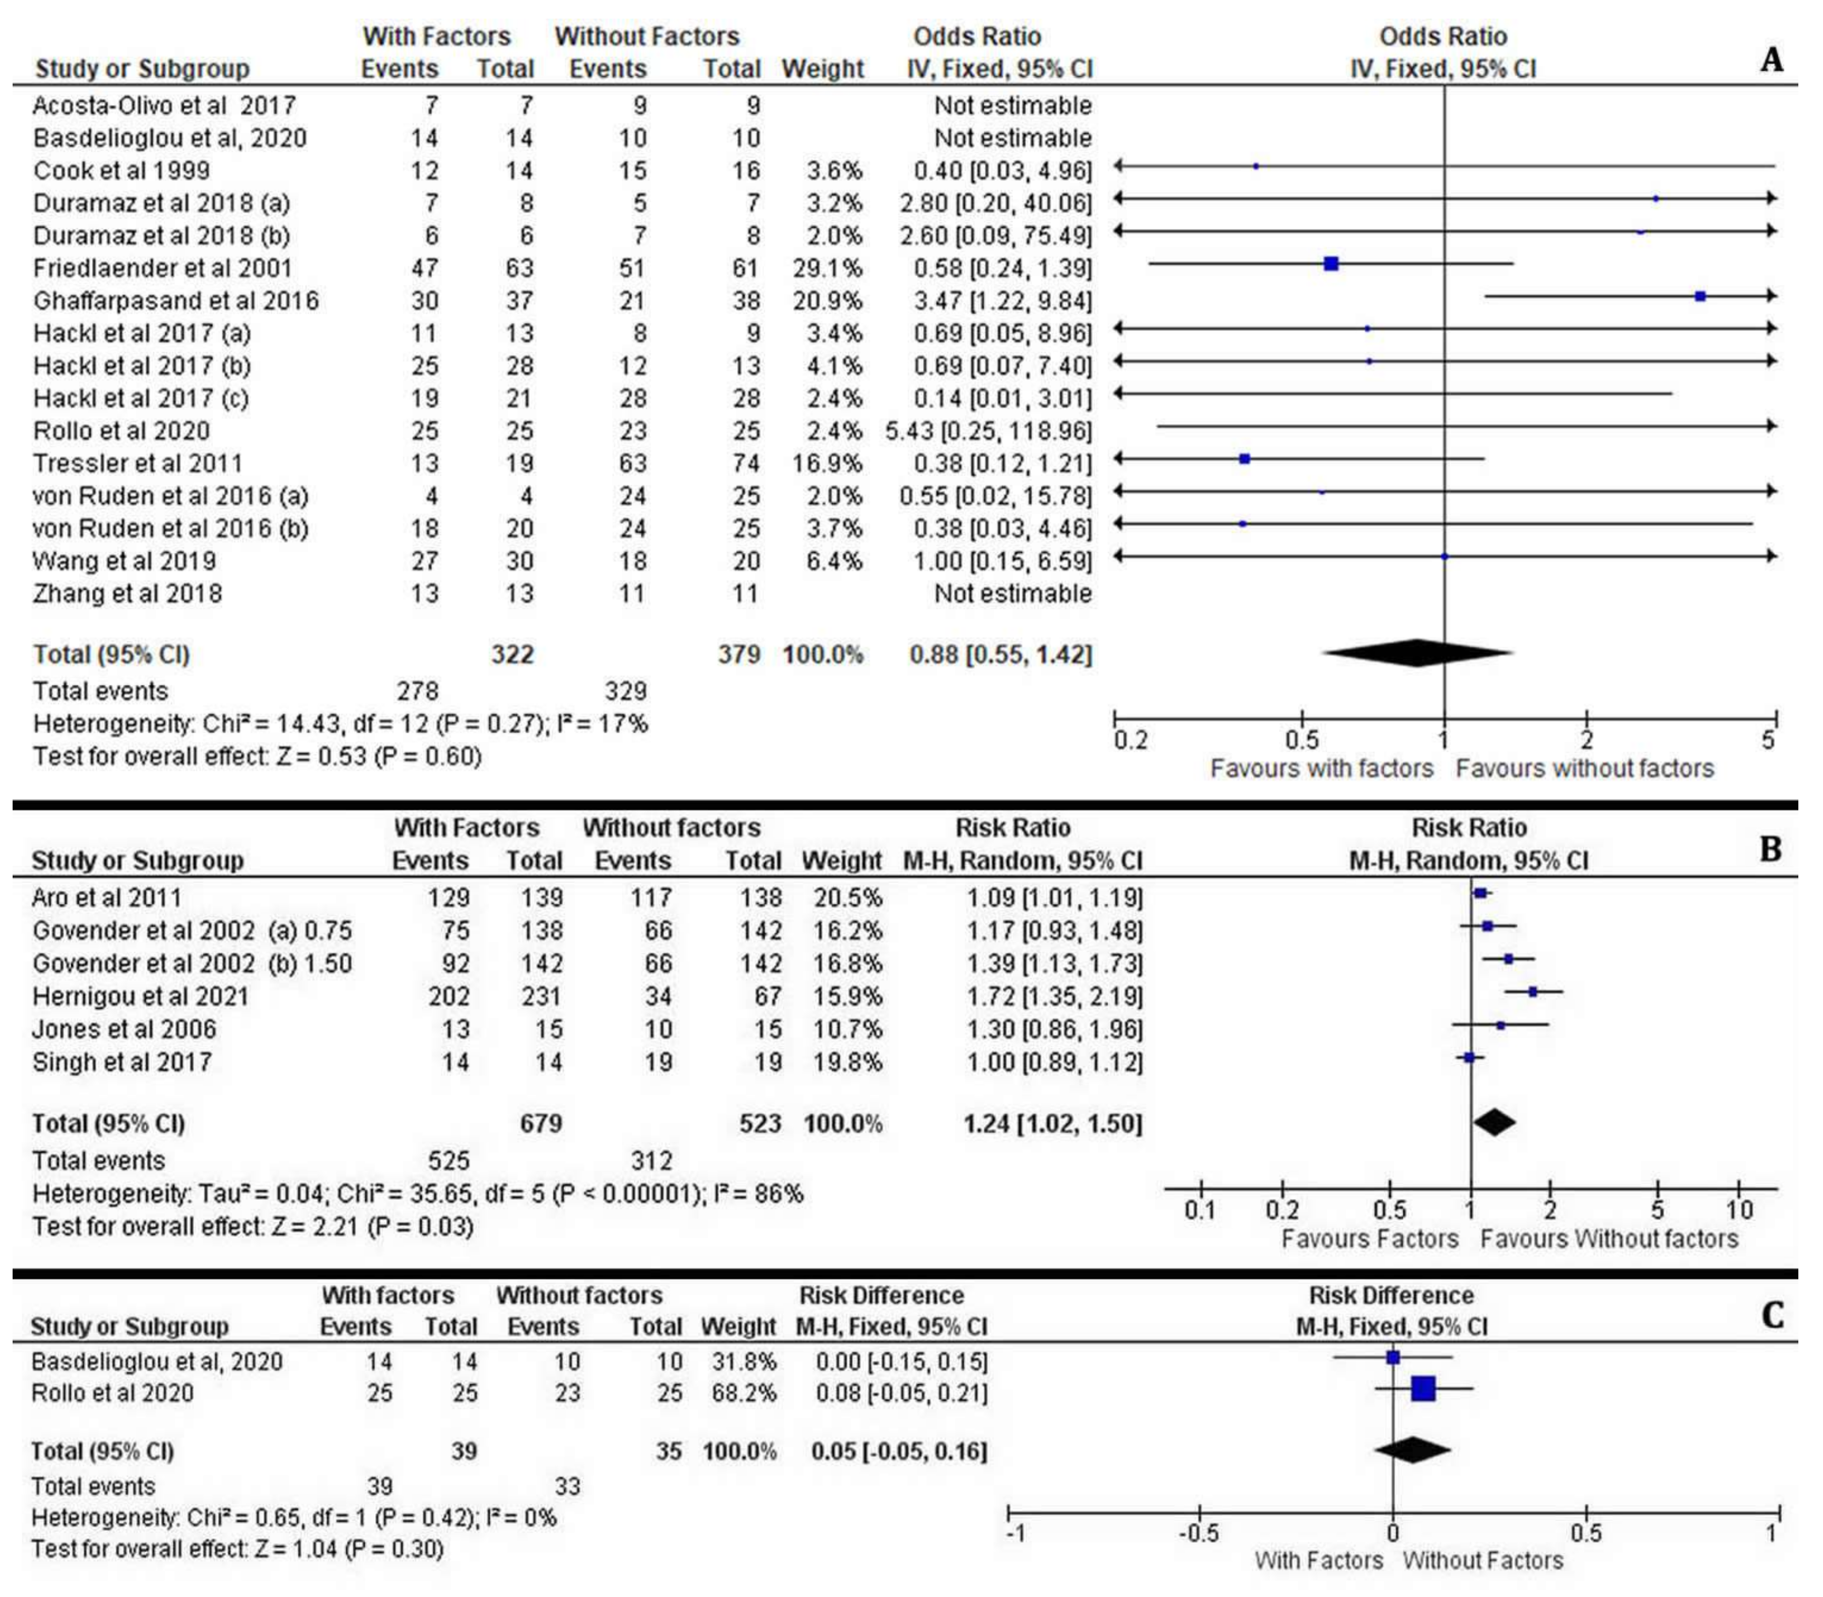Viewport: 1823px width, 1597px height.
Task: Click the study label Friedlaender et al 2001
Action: pos(162,268)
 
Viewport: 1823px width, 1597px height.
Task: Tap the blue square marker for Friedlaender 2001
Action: pos(1331,264)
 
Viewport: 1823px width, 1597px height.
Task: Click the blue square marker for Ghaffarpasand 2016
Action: pos(1700,296)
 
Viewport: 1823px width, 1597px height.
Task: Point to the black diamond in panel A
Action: pos(1416,653)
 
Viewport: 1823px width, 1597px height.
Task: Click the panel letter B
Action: pos(1770,849)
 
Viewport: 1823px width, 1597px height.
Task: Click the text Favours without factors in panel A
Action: pos(1584,768)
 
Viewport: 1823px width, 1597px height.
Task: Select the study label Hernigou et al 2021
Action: pos(141,997)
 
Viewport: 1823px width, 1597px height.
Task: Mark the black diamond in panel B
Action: pos(1494,1122)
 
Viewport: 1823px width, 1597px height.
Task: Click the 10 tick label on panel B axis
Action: pos(1739,1210)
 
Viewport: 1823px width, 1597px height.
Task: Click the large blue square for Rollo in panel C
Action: pos(1424,1388)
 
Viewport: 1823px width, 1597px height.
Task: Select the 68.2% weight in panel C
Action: pos(738,1393)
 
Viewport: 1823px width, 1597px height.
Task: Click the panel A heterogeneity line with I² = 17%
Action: pos(340,724)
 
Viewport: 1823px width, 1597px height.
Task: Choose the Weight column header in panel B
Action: pos(841,861)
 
